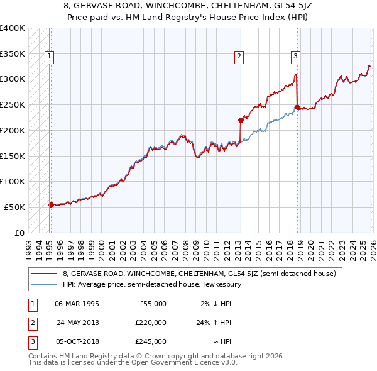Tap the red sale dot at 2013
[240, 119]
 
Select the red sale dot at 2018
[297, 107]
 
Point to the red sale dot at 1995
[51, 204]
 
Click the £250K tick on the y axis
[13, 104]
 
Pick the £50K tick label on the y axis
[14, 207]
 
